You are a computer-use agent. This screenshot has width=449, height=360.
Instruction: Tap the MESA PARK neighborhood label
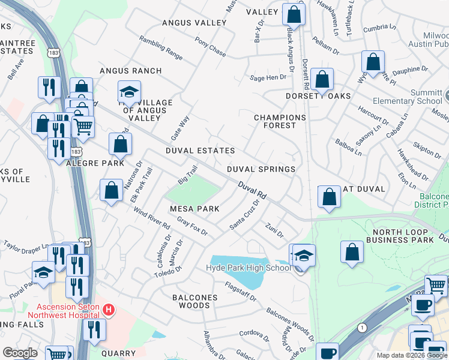[194, 208]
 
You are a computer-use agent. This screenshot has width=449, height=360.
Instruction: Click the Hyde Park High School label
[249, 268]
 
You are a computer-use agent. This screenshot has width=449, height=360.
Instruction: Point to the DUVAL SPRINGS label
[261, 169]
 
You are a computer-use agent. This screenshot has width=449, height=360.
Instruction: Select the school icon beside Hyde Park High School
[304, 256]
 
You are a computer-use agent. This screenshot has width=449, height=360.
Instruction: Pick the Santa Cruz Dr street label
[245, 215]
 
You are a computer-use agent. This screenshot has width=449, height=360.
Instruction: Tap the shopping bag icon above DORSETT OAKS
[323, 79]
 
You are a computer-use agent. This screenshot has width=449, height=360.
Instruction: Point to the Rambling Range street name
[161, 47]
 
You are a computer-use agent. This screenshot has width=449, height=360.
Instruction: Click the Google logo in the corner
[20, 353]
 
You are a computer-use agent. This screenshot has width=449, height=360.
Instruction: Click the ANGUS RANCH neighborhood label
[130, 71]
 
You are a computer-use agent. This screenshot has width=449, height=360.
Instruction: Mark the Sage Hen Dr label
[268, 77]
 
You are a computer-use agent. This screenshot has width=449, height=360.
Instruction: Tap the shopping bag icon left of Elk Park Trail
[112, 191]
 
